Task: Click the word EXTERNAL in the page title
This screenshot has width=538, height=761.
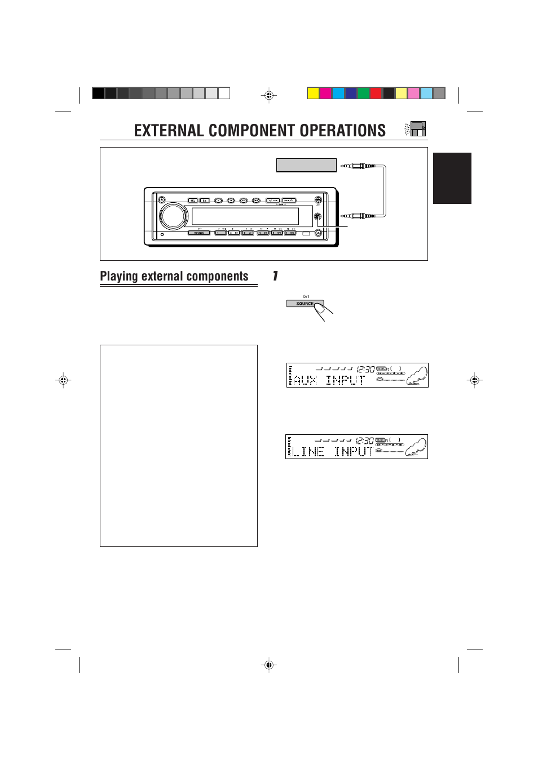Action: click(x=169, y=131)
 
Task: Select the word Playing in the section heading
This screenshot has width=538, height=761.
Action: click(x=119, y=277)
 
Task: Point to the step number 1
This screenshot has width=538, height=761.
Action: click(x=275, y=276)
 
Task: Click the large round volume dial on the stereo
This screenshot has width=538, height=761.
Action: click(x=174, y=216)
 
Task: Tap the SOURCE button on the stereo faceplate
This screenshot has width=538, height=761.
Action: click(x=199, y=233)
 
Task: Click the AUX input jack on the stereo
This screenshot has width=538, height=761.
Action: click(x=318, y=216)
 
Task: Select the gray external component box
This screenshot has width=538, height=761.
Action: click(x=306, y=165)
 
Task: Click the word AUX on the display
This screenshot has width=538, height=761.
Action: click(x=305, y=380)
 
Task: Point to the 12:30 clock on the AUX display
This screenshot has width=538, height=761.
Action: click(x=365, y=370)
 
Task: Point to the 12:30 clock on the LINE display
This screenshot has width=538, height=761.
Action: click(x=364, y=441)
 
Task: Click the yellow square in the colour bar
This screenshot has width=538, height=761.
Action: click(x=313, y=94)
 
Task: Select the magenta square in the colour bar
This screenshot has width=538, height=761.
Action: click(x=325, y=94)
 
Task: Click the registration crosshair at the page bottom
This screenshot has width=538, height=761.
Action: click(x=269, y=665)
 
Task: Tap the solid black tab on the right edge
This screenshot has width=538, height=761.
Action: click(x=452, y=178)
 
